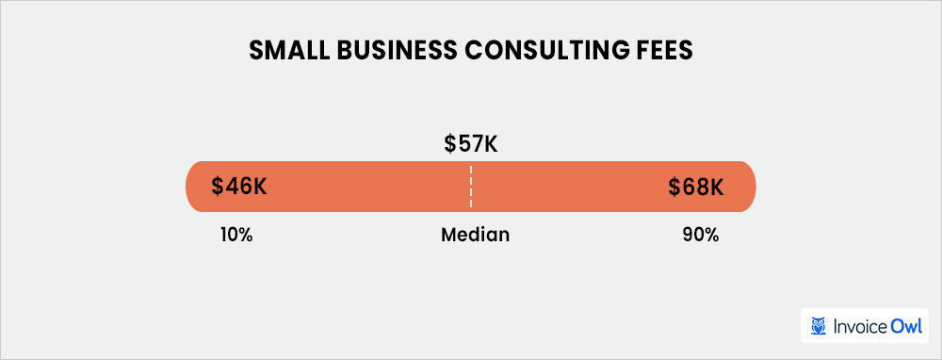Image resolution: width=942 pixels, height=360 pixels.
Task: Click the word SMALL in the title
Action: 284,53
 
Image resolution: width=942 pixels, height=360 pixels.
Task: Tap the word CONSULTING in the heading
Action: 531,53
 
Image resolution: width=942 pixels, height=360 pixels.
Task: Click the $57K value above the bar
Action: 470,145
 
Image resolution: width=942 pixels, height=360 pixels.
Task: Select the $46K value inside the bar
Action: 239,187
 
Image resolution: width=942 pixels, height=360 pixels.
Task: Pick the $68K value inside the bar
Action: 696,187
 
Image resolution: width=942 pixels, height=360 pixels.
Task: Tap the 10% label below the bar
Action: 235,235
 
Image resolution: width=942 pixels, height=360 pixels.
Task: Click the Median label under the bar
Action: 475,235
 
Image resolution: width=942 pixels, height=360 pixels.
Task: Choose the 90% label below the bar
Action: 701,235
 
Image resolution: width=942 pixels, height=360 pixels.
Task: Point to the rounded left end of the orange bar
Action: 193,187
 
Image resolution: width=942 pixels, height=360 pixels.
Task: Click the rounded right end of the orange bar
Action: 749,187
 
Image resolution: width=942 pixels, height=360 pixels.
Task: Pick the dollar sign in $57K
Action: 450,145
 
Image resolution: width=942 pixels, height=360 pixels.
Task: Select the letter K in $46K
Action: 260,187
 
